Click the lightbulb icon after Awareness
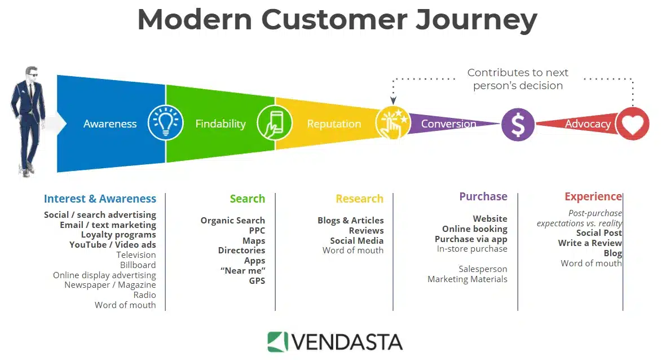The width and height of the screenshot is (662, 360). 166,123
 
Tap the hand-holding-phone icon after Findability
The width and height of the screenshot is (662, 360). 275,123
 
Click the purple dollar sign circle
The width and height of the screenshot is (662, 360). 518,124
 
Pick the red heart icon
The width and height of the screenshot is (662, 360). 633,124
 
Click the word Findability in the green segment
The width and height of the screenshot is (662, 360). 220,124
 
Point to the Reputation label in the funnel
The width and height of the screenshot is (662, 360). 334,124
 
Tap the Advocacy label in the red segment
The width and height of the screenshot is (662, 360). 588,124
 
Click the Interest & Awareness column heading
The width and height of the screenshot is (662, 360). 100,199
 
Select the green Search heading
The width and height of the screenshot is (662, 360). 247,199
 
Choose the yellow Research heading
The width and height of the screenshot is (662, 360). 359,199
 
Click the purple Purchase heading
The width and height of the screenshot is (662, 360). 483,196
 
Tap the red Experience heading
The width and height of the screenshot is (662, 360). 593,196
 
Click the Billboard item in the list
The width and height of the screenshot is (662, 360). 138,265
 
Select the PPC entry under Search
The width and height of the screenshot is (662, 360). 257,230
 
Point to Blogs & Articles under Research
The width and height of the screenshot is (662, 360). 350,220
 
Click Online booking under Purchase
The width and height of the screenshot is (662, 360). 474,229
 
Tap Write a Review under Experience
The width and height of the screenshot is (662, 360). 590,243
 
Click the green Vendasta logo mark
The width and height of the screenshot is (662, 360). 277,342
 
